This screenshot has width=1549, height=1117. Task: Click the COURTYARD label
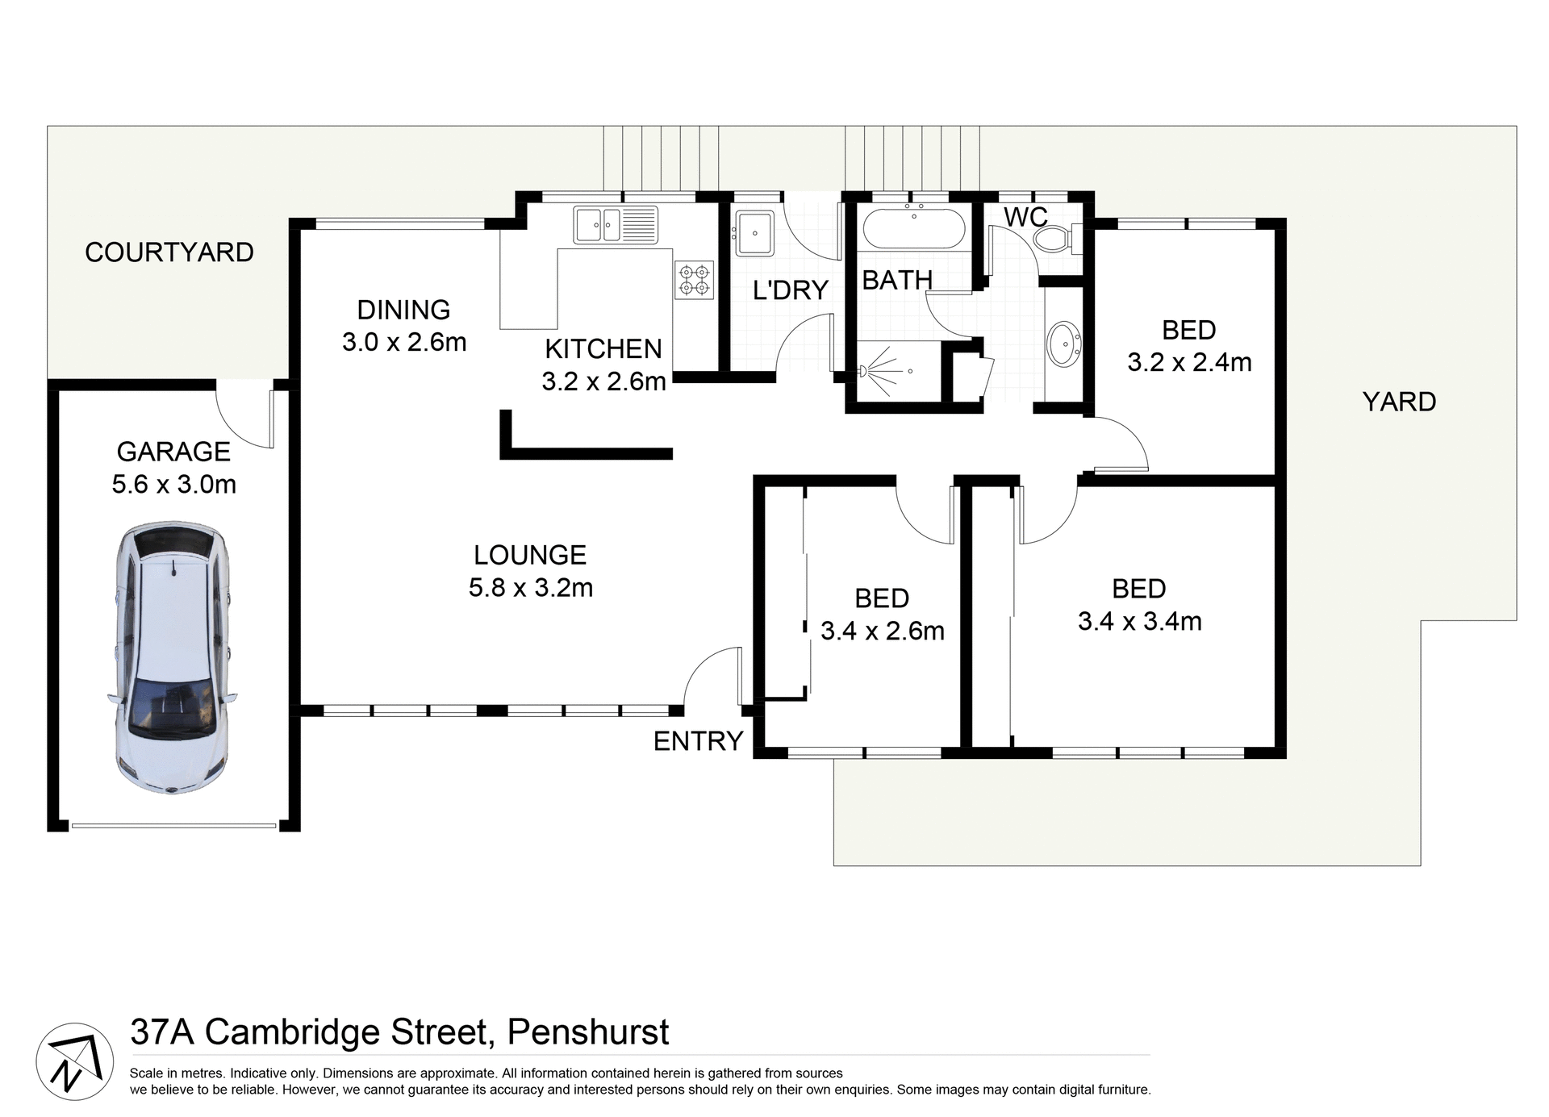(x=169, y=252)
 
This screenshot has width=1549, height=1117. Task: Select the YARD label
(x=1399, y=402)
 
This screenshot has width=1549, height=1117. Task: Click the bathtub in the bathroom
(x=913, y=229)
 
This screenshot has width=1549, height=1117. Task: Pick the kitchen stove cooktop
(x=695, y=279)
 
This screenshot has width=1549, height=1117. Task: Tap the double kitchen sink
(x=616, y=224)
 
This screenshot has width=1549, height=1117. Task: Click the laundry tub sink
(x=754, y=233)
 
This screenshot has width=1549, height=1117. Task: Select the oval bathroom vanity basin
(x=1064, y=344)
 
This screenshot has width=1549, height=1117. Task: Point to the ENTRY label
(x=698, y=741)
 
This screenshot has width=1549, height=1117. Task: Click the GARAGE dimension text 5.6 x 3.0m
(x=174, y=485)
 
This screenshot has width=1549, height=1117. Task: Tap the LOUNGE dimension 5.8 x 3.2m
(x=531, y=588)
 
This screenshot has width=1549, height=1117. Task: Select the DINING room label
(x=403, y=310)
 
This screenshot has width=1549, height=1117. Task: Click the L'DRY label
(x=791, y=290)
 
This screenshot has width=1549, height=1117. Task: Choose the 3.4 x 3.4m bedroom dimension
(x=1139, y=622)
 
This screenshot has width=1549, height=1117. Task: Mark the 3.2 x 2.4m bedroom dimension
(x=1189, y=363)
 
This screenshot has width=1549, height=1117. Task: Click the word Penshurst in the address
(x=588, y=1032)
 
